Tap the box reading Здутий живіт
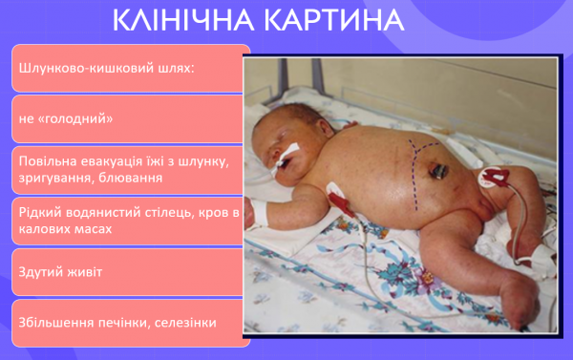pos(129,272)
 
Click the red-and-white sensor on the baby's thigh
pos(496,178)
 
